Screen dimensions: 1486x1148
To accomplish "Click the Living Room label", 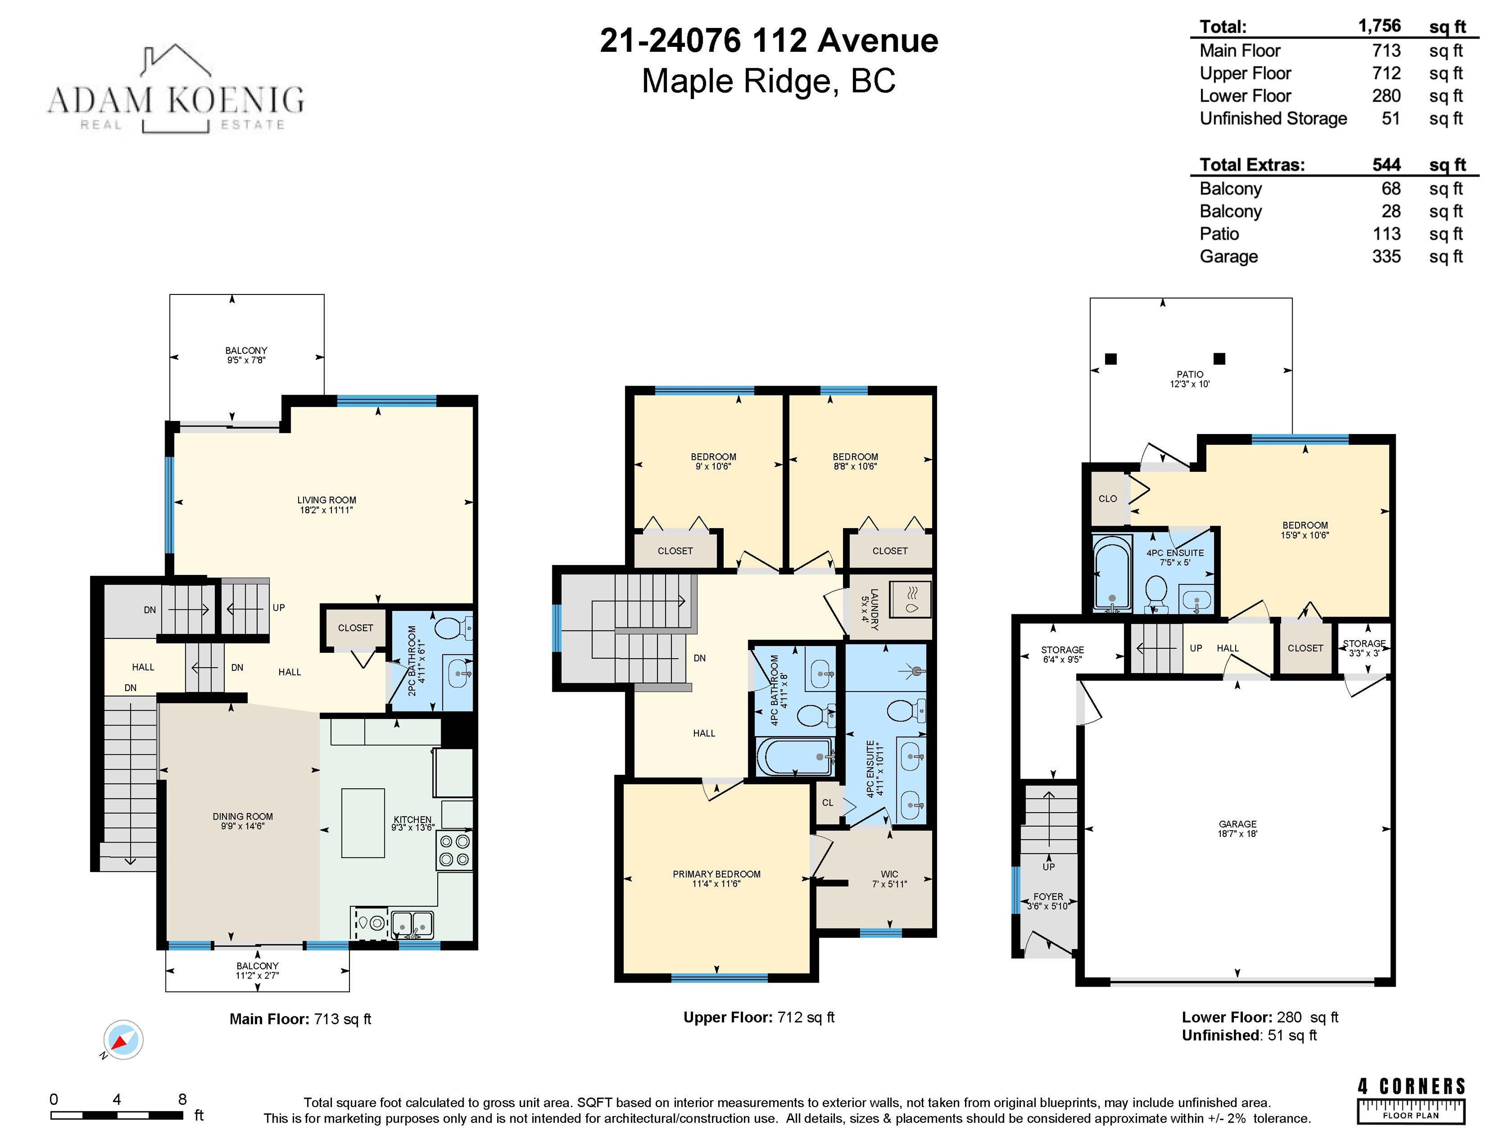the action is pos(327,500).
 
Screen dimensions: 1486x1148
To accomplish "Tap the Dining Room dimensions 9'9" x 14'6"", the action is pos(242,826).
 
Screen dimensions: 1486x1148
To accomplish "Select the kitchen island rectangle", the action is pos(363,823).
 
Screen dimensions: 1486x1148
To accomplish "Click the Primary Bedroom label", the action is pos(716,874).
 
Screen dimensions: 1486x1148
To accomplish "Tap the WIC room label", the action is pos(889,874).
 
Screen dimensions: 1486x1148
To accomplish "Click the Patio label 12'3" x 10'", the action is pos(1189,379).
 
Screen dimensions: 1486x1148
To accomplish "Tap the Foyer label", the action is pos(1048,896).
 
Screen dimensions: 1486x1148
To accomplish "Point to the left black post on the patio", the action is pos(1111,359).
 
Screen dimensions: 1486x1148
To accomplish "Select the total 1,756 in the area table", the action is pos(1379,26).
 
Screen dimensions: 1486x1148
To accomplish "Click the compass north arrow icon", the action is pos(123,1040).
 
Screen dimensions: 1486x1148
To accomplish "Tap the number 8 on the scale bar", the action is pos(182,1099).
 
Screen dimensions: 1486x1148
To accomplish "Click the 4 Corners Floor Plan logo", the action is pos(1411,1100).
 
